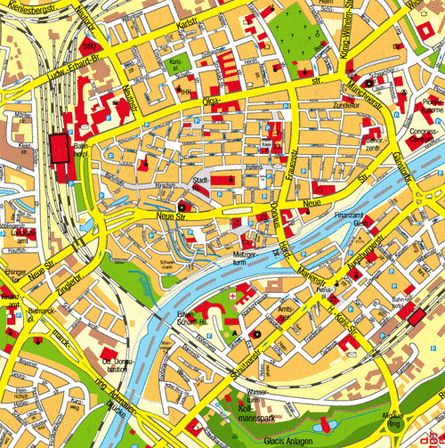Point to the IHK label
pos(188,90)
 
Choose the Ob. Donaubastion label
pos(113,363)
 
